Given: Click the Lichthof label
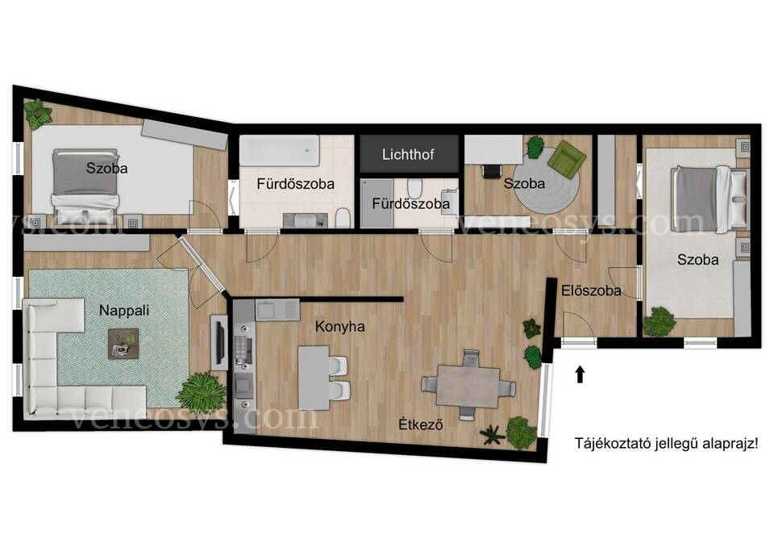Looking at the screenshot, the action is pyautogui.click(x=408, y=155).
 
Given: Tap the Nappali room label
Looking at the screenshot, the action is pyautogui.click(x=124, y=311).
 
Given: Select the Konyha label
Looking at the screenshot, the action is pyautogui.click(x=340, y=327).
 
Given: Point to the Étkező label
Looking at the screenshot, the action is pyautogui.click(x=421, y=424).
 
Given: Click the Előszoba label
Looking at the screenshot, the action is pyautogui.click(x=591, y=290).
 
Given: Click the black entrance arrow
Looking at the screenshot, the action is pyautogui.click(x=580, y=374).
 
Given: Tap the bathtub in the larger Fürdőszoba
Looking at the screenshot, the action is pyautogui.click(x=280, y=151).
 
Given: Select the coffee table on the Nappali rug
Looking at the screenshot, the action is pyautogui.click(x=123, y=344).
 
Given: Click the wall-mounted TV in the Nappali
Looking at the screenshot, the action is pyautogui.click(x=219, y=342).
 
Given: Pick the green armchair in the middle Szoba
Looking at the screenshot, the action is pyautogui.click(x=568, y=159).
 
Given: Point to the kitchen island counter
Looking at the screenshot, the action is pyautogui.click(x=314, y=378).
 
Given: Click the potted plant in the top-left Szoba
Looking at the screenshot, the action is pyautogui.click(x=38, y=114).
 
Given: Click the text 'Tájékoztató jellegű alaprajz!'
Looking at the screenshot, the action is pyautogui.click(x=666, y=443).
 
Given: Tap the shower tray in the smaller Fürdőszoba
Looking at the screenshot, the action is pyautogui.click(x=377, y=203).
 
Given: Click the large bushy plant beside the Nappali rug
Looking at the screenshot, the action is pyautogui.click(x=202, y=393).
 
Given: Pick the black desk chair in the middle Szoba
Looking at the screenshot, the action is pyautogui.click(x=491, y=171).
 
